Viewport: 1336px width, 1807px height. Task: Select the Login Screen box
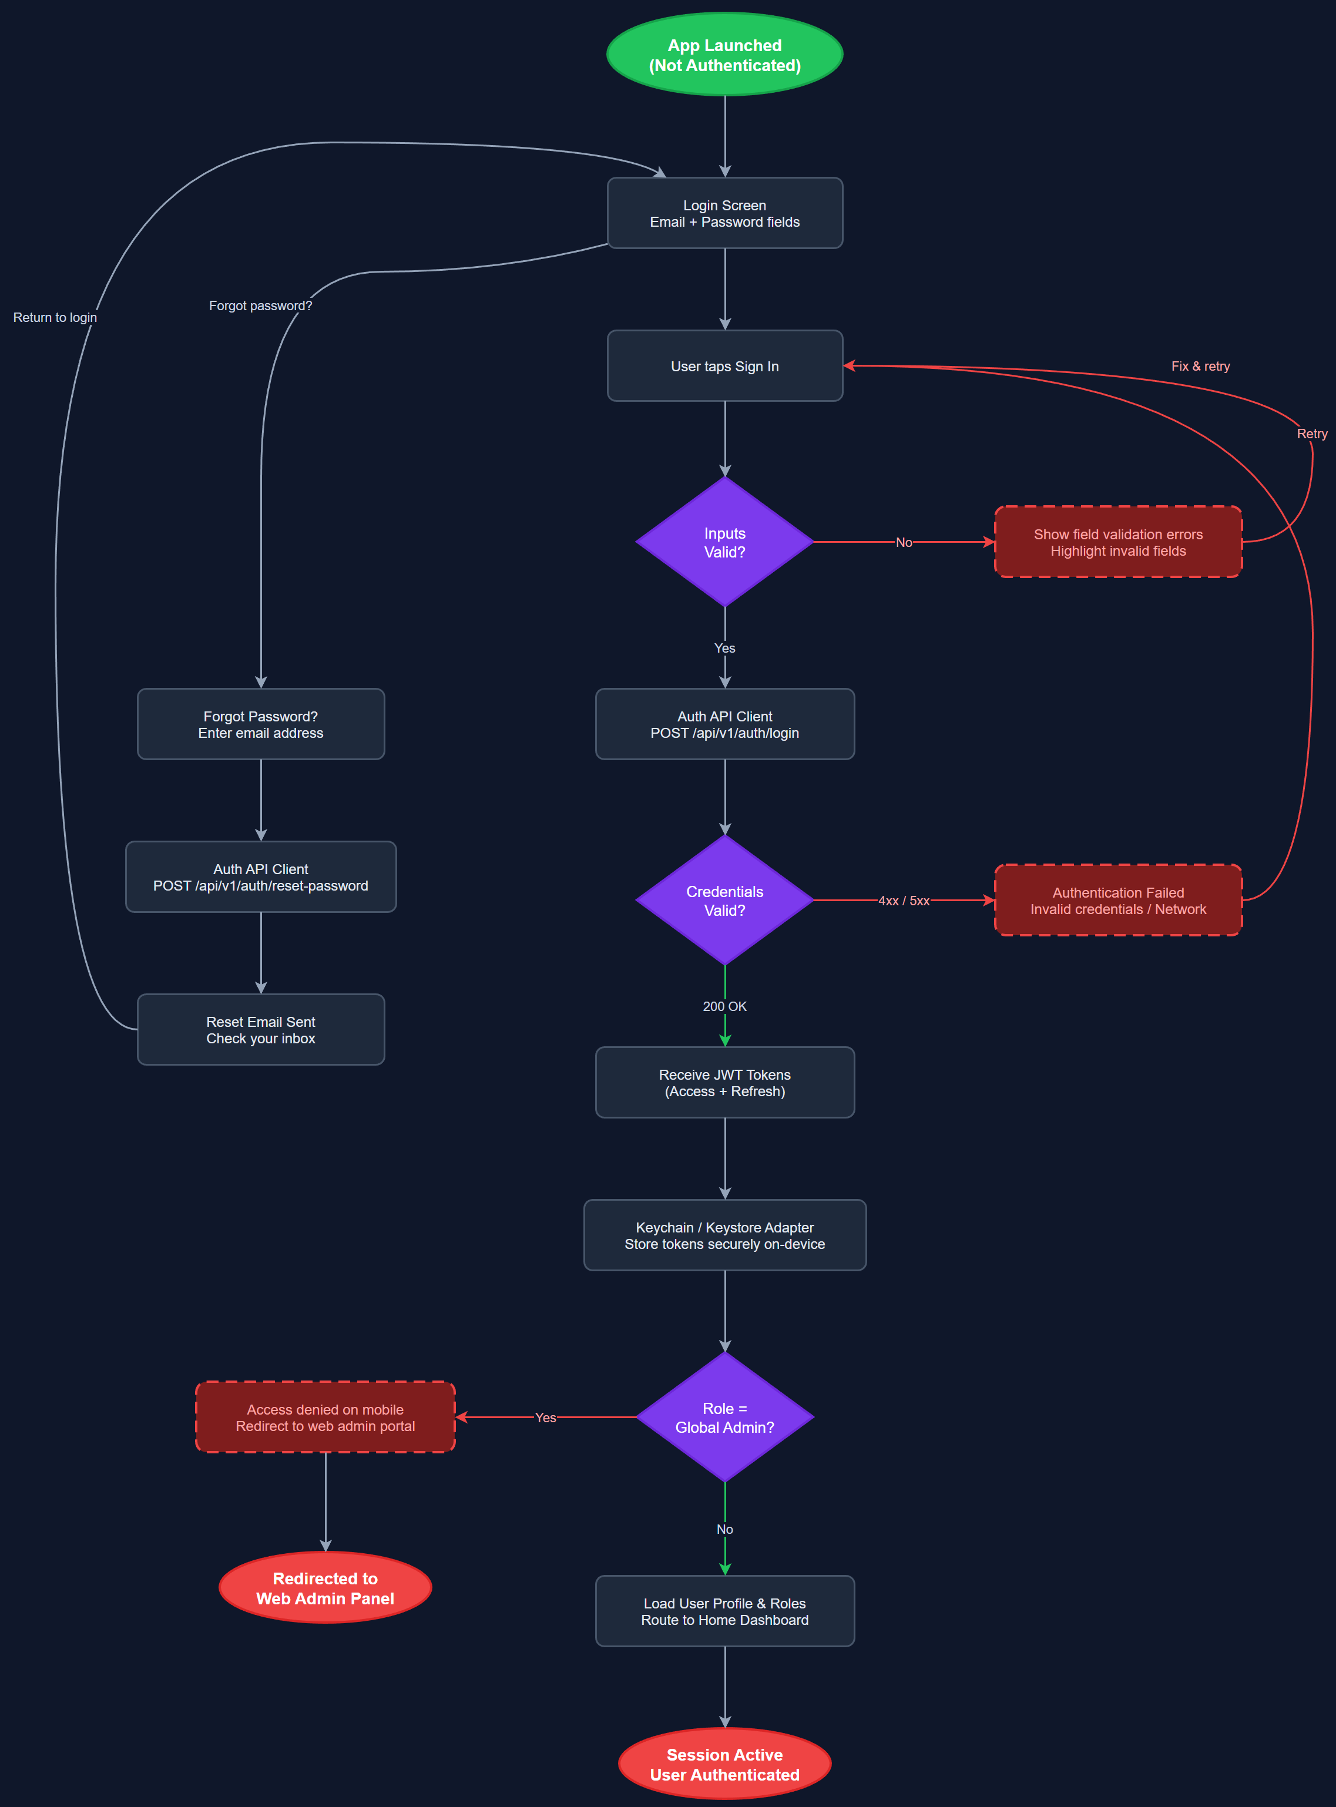(724, 213)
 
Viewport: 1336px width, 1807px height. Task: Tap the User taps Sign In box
(724, 366)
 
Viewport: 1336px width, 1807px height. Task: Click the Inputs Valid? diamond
(724, 542)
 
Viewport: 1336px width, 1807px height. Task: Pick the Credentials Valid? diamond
(724, 901)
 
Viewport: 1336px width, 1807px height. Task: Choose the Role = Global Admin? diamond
(724, 1418)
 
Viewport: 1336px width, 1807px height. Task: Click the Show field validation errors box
(1117, 542)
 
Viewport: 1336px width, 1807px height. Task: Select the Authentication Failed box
(1117, 901)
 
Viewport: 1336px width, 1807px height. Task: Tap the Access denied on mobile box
(325, 1418)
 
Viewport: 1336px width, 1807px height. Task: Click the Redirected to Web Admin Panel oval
(325, 1588)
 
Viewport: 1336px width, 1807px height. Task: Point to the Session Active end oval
(724, 1764)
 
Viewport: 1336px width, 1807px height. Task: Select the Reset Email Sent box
(260, 1030)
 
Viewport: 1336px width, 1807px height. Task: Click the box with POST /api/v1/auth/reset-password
(260, 877)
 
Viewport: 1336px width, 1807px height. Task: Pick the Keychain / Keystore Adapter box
(724, 1235)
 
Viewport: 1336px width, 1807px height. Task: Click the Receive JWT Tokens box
(724, 1083)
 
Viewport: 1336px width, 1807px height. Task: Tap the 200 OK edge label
(724, 1006)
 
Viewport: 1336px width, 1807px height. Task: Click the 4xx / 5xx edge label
(904, 901)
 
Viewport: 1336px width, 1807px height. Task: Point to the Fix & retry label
(1200, 366)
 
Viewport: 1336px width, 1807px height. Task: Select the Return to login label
(55, 318)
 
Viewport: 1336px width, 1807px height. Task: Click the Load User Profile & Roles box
(724, 1611)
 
